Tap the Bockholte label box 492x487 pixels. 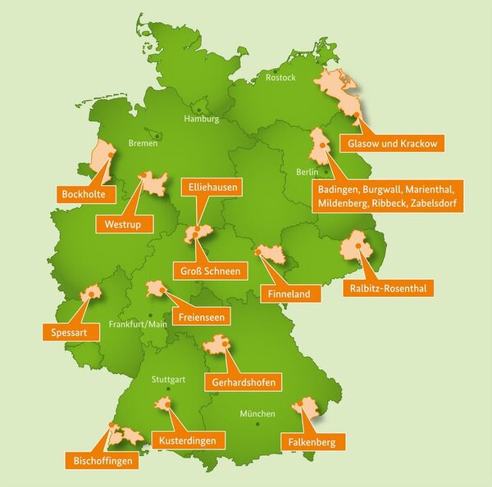81,194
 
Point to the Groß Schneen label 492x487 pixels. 211,271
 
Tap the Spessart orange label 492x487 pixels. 64,332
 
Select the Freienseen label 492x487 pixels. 199,316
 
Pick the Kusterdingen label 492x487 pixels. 189,441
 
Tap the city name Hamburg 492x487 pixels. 202,119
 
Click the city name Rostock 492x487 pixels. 280,78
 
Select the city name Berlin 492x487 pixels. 307,173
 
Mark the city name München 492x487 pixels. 257,413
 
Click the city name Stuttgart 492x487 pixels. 168,380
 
